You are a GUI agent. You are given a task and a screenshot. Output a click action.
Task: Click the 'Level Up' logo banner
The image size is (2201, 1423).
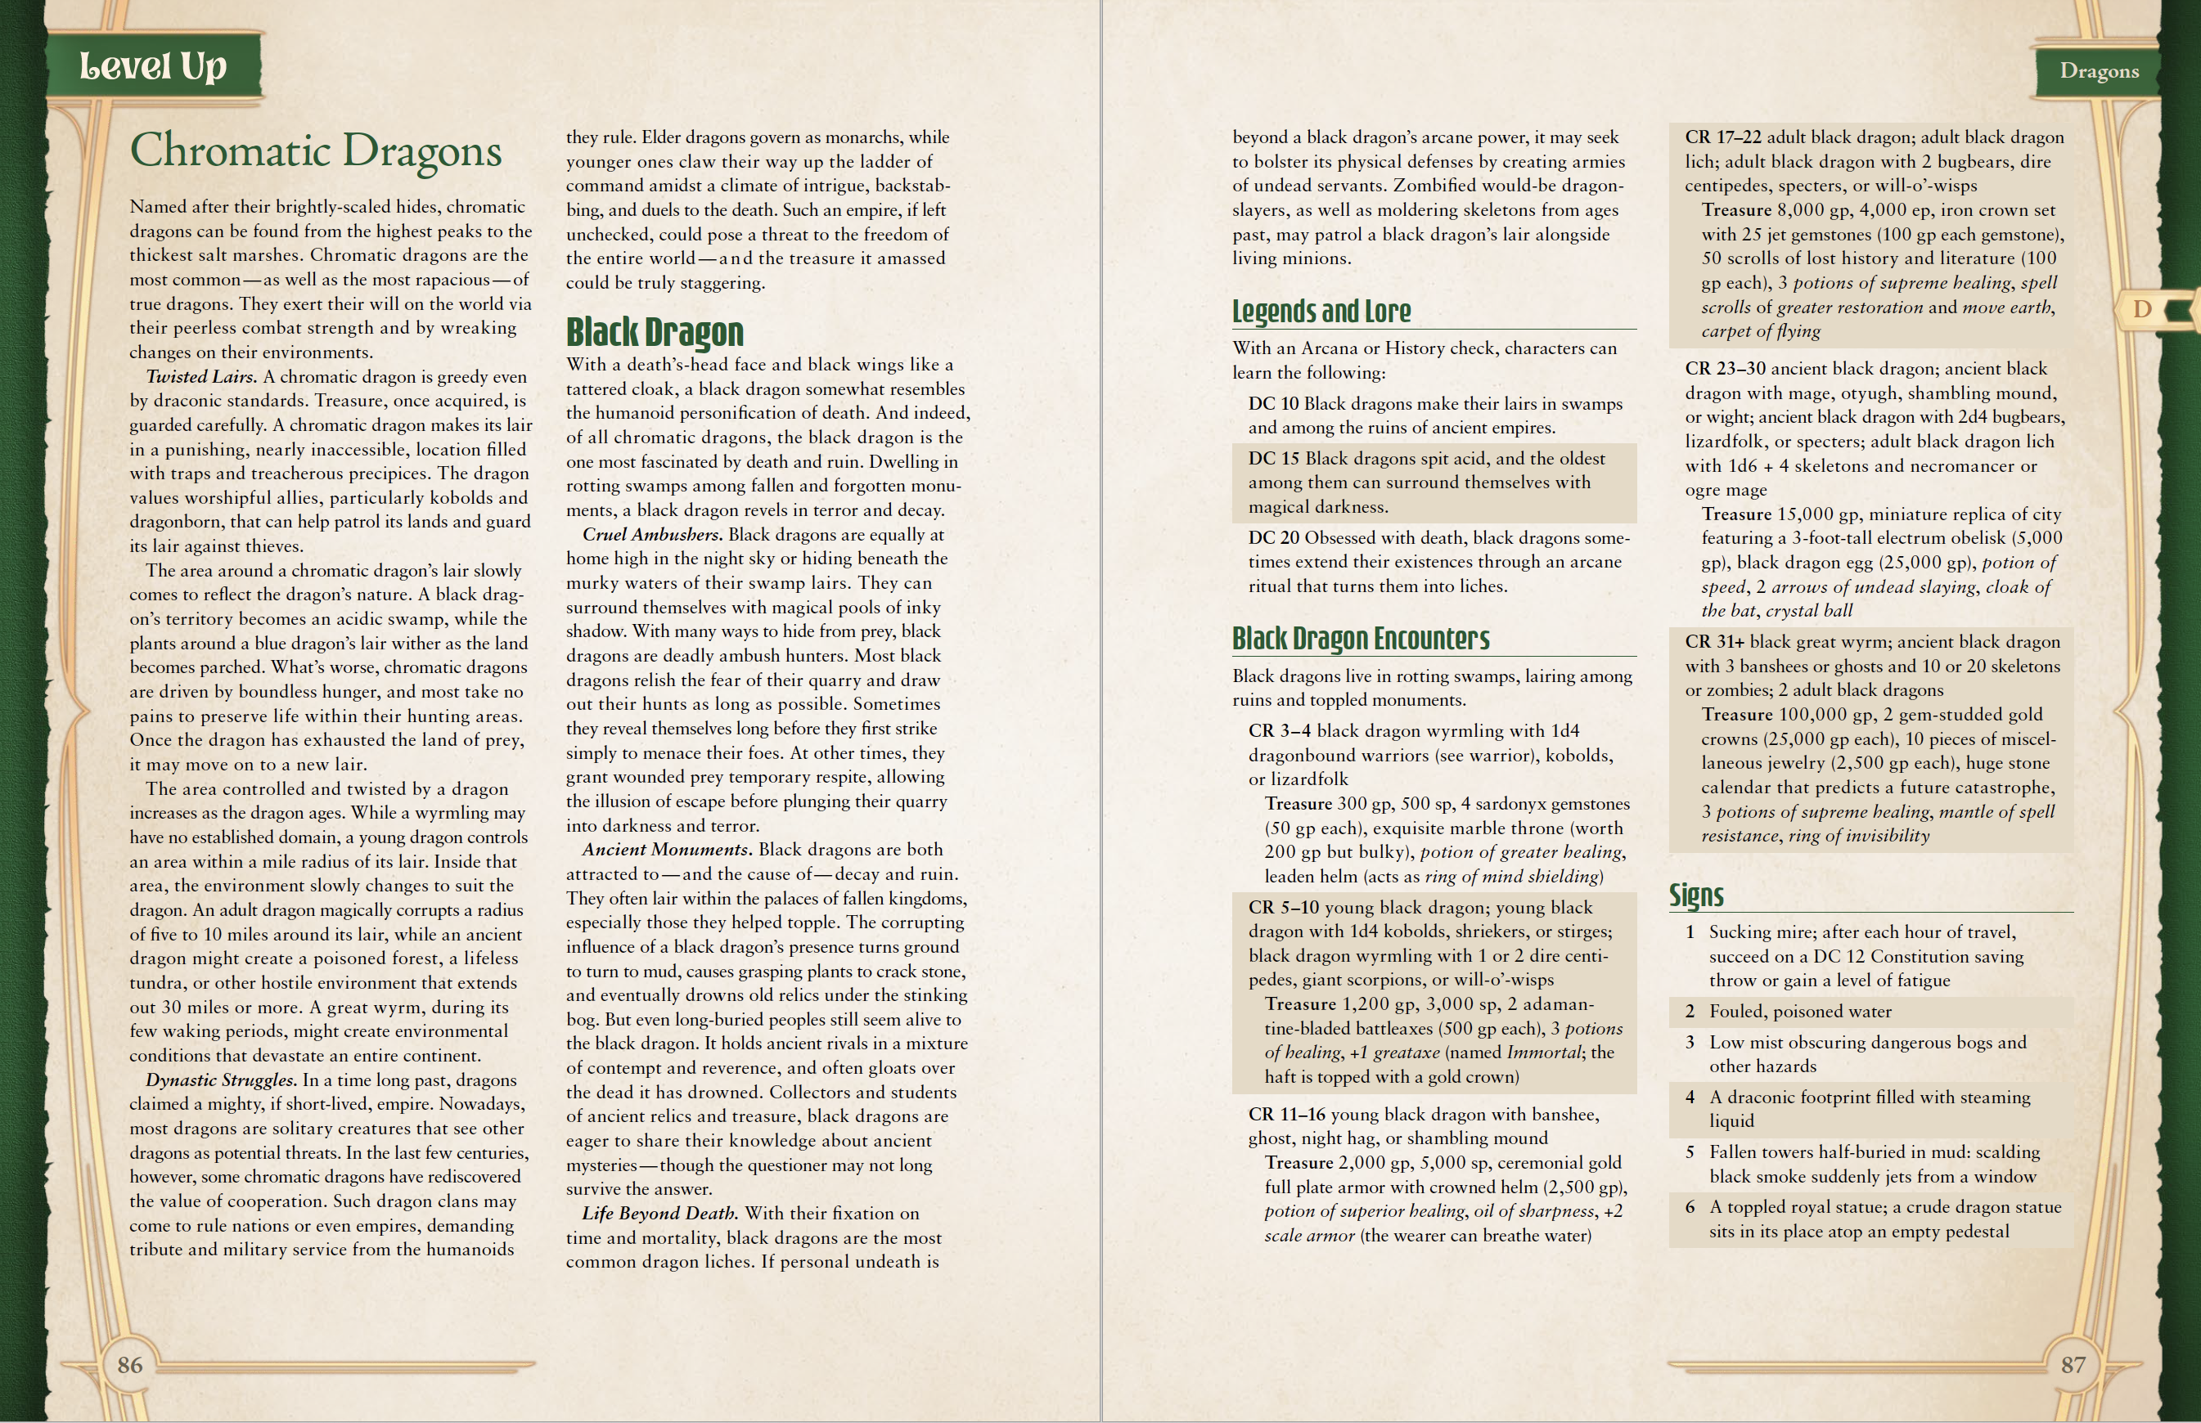coord(152,65)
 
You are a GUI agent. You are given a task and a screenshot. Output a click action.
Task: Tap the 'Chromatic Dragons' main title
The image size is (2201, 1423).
coord(315,151)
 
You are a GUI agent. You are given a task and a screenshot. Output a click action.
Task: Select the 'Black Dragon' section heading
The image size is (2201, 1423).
coord(655,332)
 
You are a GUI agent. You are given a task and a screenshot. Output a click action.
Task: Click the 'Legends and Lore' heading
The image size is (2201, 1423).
coord(1321,312)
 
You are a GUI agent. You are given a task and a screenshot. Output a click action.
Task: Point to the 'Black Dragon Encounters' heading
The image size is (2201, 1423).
coord(1360,639)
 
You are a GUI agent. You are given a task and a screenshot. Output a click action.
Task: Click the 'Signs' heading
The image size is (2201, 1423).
coord(1695,895)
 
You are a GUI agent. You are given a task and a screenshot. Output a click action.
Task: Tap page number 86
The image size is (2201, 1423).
coord(129,1365)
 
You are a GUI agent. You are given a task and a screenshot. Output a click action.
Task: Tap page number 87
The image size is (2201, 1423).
coord(2073,1365)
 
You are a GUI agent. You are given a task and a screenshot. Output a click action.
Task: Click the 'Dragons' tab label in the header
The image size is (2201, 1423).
coord(2099,71)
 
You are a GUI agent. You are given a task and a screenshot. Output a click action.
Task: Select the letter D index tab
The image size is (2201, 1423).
coord(2142,310)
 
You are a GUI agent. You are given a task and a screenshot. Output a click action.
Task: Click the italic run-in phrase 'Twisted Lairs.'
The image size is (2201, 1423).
coord(201,377)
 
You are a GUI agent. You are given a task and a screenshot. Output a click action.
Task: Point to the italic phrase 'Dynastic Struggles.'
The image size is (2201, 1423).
coord(221,1080)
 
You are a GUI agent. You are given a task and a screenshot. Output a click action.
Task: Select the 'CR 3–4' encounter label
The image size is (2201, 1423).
coord(1280,731)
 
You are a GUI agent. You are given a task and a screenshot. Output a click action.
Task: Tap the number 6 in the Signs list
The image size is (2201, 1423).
coord(1690,1207)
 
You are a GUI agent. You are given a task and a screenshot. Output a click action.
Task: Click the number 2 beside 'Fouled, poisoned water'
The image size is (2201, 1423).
coord(1690,1012)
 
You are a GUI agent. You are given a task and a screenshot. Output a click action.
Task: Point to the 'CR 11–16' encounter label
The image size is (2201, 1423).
coord(1286,1115)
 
